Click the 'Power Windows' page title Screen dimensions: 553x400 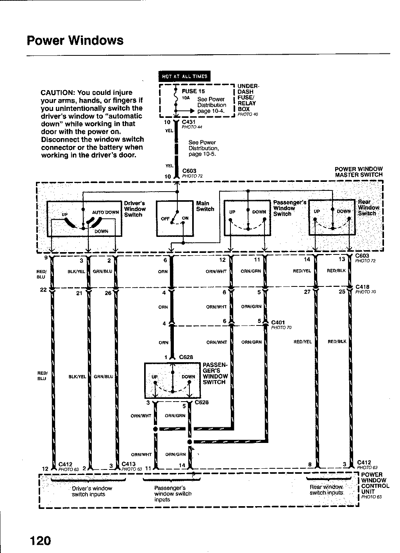coord(75,41)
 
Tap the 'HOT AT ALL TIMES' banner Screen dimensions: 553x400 coord(184,76)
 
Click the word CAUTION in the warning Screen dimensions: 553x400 coord(58,93)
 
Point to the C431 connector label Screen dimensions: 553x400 coord(188,122)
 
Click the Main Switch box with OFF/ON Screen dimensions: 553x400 coord(175,219)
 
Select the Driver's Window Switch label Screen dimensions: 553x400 coord(135,209)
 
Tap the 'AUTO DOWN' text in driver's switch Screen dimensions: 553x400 coord(105,212)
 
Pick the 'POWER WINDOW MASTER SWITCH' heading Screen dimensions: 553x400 coord(359,172)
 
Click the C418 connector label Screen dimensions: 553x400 coord(363,287)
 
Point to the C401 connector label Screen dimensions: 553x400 coord(278,323)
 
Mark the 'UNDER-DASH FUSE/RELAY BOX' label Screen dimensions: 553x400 coord(247,98)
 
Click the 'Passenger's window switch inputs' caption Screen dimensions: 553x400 coord(173,493)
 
